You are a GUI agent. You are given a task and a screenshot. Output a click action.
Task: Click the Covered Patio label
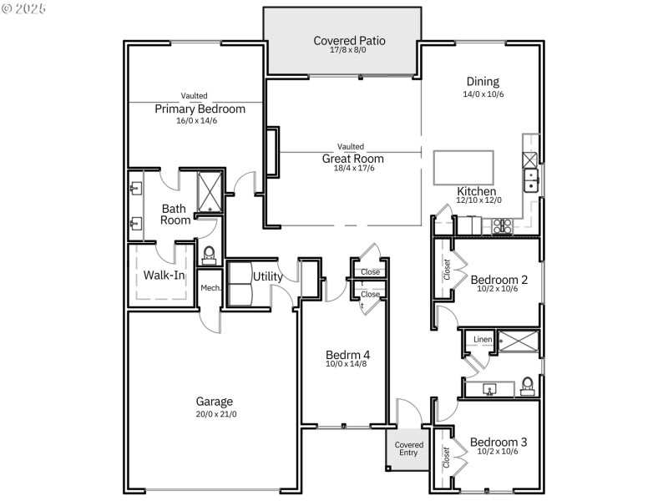(349, 40)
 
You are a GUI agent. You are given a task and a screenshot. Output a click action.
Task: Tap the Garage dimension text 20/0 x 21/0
(215, 414)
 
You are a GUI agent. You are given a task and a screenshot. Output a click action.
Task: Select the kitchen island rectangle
(463, 168)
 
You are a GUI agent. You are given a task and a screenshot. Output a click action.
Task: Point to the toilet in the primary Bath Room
(209, 253)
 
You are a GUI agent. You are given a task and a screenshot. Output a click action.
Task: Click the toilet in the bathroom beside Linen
(527, 386)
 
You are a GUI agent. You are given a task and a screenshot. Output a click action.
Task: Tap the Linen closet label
(483, 340)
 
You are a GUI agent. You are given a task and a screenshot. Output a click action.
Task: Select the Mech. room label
(210, 288)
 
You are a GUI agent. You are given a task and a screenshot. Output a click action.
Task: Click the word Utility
(267, 276)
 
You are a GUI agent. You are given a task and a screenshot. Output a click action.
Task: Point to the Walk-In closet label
(164, 274)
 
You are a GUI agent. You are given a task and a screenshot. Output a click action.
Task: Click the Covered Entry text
(409, 449)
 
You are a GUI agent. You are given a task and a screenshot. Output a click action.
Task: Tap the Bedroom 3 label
(498, 442)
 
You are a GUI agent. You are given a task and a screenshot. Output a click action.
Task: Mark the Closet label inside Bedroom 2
(447, 270)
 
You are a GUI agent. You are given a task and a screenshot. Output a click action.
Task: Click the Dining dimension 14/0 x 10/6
(483, 94)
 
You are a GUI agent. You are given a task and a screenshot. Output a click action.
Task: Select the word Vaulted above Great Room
(351, 147)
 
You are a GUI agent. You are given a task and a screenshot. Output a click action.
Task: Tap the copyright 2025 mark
(24, 8)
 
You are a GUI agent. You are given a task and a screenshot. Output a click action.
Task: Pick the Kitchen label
(477, 191)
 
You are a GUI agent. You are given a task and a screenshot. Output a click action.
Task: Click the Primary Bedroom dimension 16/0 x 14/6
(196, 121)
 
